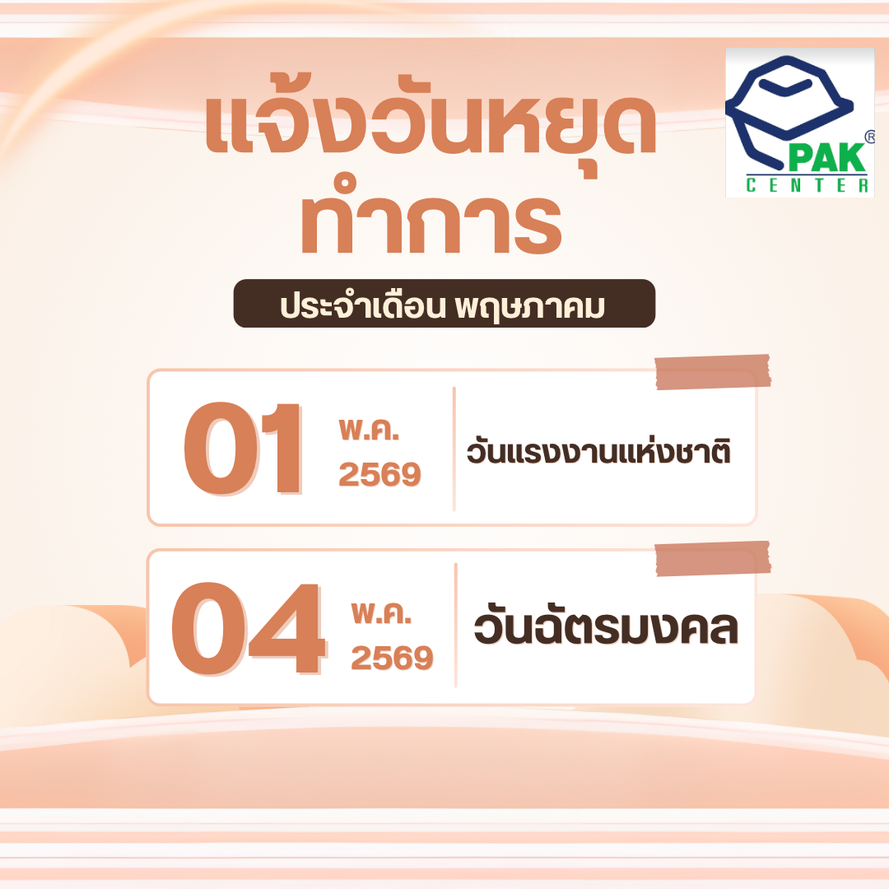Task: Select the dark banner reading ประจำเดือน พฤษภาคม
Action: (444, 304)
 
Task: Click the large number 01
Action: (242, 448)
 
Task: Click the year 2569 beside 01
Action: (379, 475)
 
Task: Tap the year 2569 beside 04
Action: (392, 658)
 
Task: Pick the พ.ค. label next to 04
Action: (381, 612)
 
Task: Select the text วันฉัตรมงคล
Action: (605, 627)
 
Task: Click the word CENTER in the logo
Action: (806, 187)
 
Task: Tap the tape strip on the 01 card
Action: (712, 371)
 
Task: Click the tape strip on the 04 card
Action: (712, 558)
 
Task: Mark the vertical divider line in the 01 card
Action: (454, 449)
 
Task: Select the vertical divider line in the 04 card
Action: (455, 625)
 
